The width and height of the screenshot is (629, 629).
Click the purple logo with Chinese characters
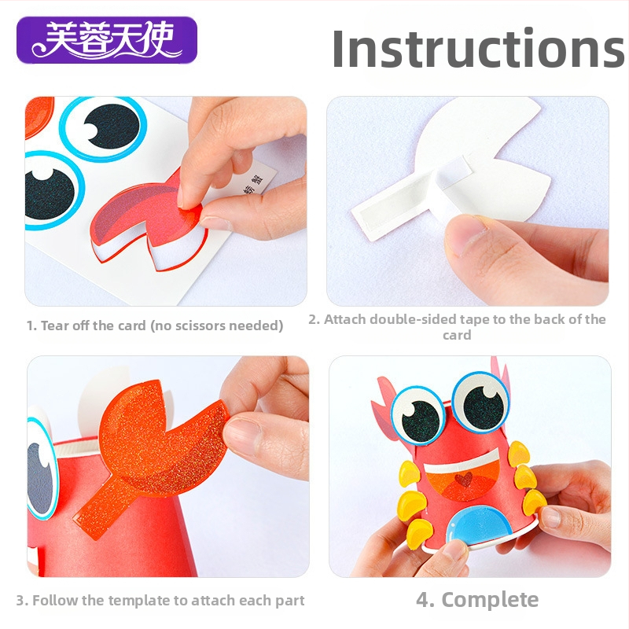click(107, 40)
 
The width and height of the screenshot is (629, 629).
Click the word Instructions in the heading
click(478, 49)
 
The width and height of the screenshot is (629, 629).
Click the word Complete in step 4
click(490, 601)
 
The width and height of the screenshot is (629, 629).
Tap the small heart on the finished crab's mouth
click(465, 480)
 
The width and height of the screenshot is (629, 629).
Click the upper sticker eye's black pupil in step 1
click(112, 126)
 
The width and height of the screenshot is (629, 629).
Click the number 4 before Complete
click(423, 600)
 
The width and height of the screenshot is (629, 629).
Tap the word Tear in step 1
click(54, 326)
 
